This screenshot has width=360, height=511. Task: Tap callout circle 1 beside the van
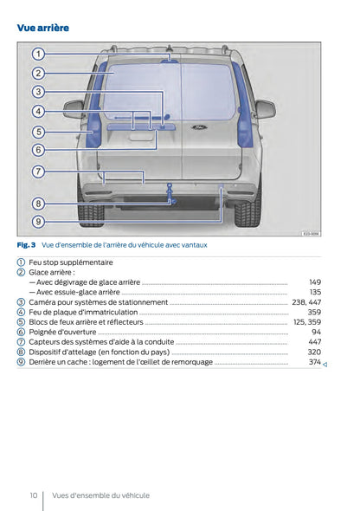tap(38, 54)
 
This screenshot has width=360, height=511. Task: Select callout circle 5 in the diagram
tap(38, 132)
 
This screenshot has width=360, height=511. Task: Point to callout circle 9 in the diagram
tap(38, 222)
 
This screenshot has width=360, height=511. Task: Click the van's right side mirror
tap(264, 108)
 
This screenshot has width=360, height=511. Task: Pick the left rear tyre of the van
tap(91, 210)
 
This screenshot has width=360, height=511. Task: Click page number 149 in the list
tap(315, 282)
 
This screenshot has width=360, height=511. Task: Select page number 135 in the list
tap(315, 292)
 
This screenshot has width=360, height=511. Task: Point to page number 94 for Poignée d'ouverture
tap(317, 332)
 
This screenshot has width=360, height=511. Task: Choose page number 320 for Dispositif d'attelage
tap(315, 352)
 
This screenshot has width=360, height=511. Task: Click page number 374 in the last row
tap(315, 362)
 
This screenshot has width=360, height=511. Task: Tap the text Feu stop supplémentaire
tap(71, 262)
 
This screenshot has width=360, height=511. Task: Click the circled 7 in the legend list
tap(21, 342)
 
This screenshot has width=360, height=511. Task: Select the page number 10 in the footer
tap(33, 495)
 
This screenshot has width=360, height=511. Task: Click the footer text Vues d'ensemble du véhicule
tap(100, 495)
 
